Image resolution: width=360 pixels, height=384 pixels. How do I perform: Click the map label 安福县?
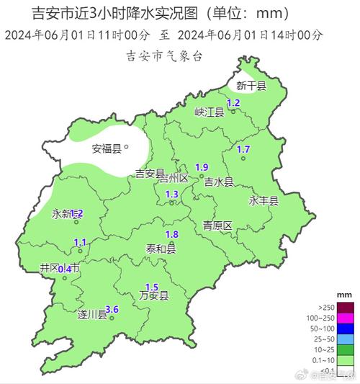point(107,149)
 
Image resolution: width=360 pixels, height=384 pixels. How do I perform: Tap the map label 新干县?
point(251,86)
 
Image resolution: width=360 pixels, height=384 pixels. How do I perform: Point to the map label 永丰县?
point(264,201)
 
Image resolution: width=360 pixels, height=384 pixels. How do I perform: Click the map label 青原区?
point(217,226)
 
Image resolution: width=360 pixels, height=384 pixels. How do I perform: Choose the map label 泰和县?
point(161,249)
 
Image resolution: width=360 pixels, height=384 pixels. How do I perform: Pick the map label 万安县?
point(154,295)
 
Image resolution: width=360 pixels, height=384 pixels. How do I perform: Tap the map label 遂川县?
point(92,314)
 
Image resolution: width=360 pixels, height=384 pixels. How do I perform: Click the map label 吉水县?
point(219,182)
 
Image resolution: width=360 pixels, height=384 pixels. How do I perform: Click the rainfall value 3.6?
point(112,310)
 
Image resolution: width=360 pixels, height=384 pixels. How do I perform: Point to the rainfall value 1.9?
point(202,167)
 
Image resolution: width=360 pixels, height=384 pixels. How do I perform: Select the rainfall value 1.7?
point(243,149)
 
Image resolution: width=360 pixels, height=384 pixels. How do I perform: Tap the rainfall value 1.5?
point(152,287)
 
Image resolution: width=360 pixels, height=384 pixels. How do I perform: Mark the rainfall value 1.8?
point(171,235)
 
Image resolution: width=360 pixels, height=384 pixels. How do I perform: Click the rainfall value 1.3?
point(172,195)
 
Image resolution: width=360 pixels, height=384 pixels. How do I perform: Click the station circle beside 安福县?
point(126,147)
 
